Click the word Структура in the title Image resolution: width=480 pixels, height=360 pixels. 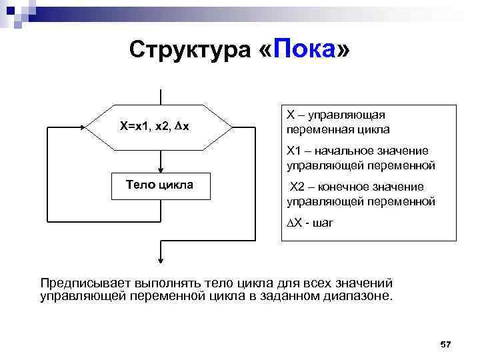(189, 51)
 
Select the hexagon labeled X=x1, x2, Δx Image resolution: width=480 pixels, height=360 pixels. (161, 126)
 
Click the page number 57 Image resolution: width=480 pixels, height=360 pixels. (446, 344)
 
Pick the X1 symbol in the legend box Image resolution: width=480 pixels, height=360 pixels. (294, 151)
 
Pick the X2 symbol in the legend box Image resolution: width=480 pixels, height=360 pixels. (297, 187)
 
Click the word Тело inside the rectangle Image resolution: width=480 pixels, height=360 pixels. (140, 185)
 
